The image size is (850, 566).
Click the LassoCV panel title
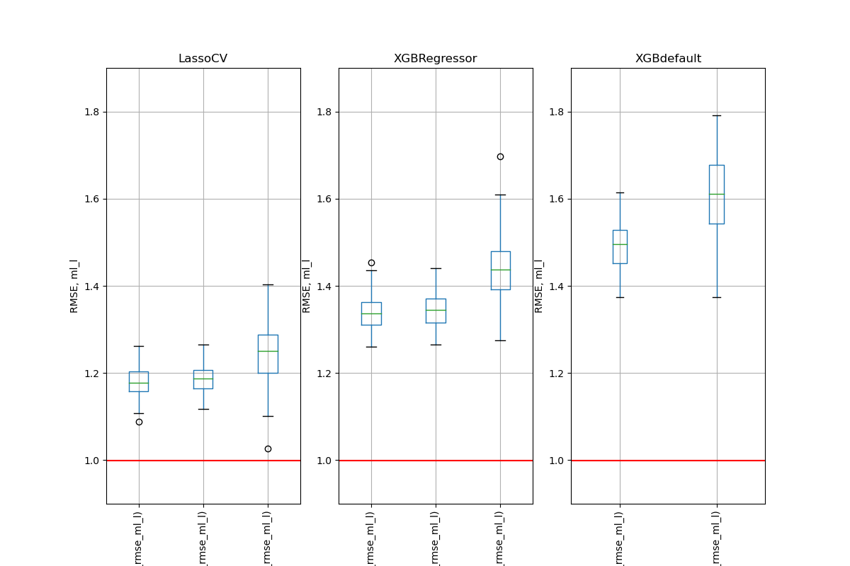coord(203,59)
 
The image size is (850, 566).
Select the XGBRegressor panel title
coord(435,59)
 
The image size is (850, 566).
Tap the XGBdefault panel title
coord(668,59)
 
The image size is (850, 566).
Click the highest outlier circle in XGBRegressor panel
coord(500,156)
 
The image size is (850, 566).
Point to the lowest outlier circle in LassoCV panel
coord(268,449)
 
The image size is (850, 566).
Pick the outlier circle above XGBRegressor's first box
coord(371,262)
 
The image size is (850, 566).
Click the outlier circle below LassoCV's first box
coord(139,422)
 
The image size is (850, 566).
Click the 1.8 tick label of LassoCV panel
coord(93,112)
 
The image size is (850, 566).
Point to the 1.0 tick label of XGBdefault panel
coord(557,461)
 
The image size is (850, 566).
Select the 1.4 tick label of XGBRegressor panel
coord(325,287)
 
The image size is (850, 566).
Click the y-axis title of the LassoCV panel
coord(74,286)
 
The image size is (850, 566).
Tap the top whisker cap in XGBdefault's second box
coord(716,115)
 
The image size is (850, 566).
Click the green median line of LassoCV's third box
coord(268,351)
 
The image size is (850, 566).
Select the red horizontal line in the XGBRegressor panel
coord(435,461)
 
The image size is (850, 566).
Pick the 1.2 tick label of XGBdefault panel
coord(557,374)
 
